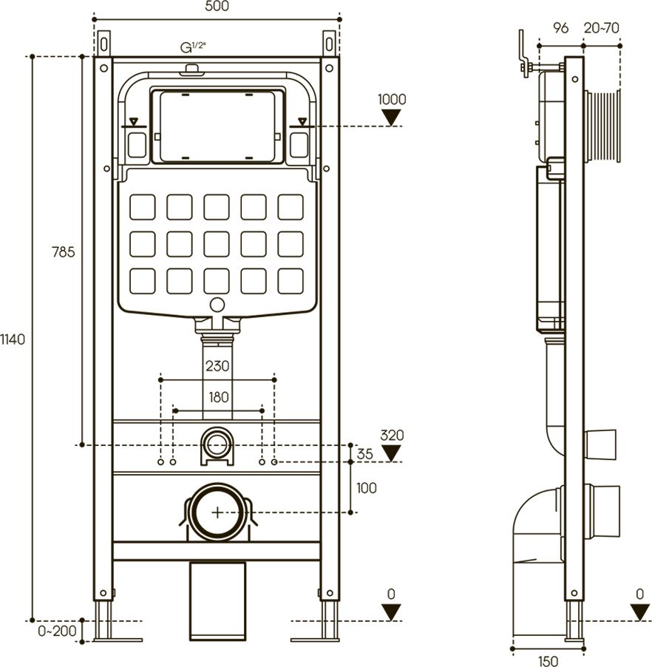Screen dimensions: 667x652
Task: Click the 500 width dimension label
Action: (x=217, y=7)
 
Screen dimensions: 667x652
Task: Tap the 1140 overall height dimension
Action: (x=13, y=339)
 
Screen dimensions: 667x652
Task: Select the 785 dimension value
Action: (x=64, y=252)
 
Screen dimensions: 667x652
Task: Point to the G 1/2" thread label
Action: (x=193, y=48)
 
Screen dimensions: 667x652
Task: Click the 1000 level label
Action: (x=392, y=100)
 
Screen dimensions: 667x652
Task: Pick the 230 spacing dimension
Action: (x=217, y=366)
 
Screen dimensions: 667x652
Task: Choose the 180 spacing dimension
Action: (x=218, y=397)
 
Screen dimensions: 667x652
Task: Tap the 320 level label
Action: (x=392, y=435)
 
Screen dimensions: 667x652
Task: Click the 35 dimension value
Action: (x=365, y=455)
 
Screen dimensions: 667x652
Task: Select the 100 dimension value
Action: (x=366, y=488)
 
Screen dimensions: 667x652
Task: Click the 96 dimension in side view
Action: (x=560, y=28)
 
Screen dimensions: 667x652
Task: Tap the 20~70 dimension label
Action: (x=601, y=28)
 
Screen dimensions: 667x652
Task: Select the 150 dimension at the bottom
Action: (x=548, y=661)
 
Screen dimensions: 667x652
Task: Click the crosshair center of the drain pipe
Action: (x=217, y=512)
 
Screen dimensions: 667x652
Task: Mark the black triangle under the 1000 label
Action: (x=392, y=117)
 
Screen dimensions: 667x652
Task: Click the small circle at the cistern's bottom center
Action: (x=217, y=304)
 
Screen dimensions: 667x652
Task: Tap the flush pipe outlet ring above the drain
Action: (x=217, y=444)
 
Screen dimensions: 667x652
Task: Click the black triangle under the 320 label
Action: (x=392, y=452)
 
